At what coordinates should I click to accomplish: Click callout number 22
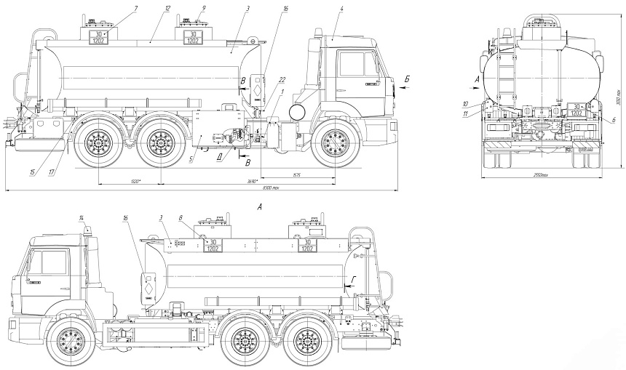(282, 79)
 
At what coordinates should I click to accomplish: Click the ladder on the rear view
(504, 73)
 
